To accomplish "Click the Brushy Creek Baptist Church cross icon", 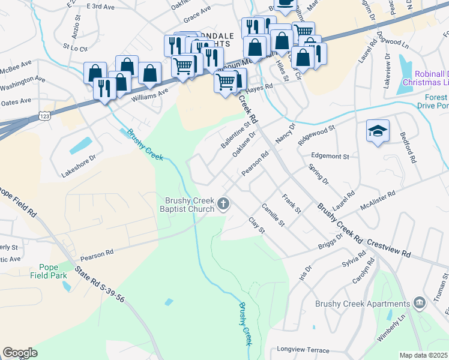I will [224, 204].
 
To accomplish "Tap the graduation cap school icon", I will [378, 131].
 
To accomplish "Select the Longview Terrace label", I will [304, 350].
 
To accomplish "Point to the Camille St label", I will [273, 215].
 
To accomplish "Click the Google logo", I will [19, 353].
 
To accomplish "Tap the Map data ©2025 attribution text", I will [424, 355].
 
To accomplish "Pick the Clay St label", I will [257, 226].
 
